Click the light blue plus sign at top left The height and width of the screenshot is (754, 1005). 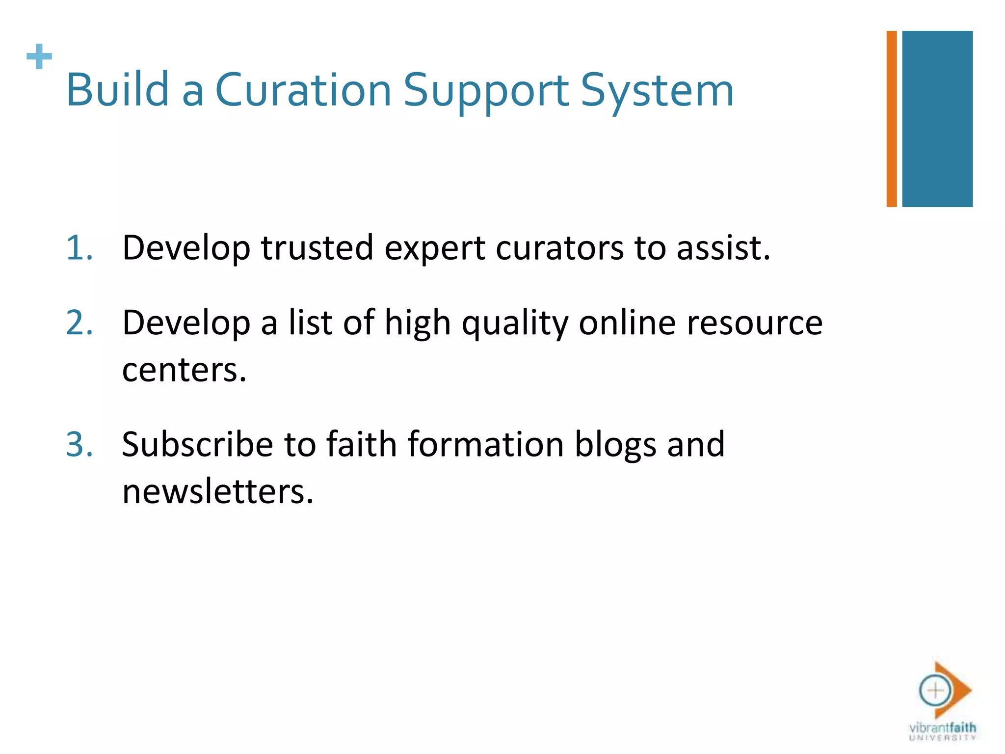click(x=39, y=56)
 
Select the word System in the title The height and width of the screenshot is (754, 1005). click(x=657, y=91)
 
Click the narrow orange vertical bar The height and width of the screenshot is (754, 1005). click(x=891, y=119)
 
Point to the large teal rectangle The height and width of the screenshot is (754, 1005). click(x=937, y=119)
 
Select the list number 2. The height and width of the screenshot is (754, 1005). click(x=79, y=323)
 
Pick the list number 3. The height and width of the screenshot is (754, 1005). click(x=79, y=444)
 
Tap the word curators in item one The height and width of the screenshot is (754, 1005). click(x=560, y=248)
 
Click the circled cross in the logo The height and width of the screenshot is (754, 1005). click(x=935, y=691)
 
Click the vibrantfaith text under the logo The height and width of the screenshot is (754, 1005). click(x=942, y=727)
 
